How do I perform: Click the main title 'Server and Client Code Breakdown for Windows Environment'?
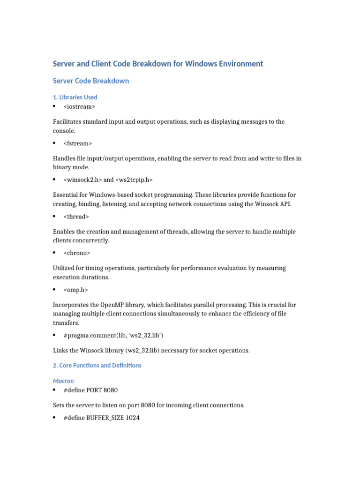coord(158,64)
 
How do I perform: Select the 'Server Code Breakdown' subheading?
coord(91,81)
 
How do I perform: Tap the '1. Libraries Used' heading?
coord(75,97)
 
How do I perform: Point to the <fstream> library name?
coord(78,143)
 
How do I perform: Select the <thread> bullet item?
coord(76,217)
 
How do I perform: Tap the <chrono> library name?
coord(77,253)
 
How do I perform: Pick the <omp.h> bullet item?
coord(75,290)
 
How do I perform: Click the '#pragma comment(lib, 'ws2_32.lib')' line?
coord(113,336)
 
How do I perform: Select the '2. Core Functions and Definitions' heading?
coord(97,365)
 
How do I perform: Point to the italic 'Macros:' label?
coord(64,381)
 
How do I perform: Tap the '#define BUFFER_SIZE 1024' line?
coord(101,418)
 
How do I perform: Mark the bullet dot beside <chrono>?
coord(55,253)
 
